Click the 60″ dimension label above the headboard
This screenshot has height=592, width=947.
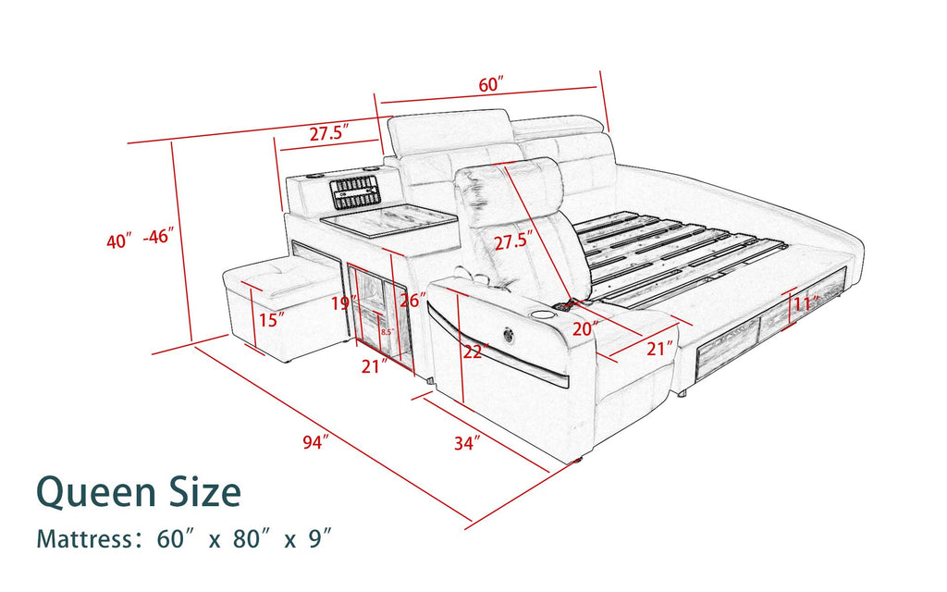click(x=490, y=85)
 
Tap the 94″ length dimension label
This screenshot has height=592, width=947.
click(x=315, y=443)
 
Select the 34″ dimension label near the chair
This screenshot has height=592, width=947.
click(x=468, y=443)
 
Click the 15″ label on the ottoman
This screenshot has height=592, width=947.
click(x=271, y=320)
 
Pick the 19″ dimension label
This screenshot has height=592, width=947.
click(x=345, y=302)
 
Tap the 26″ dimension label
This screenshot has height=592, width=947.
click(x=412, y=301)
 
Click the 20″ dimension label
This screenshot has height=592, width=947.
click(x=585, y=327)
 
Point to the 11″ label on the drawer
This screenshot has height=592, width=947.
click(x=806, y=303)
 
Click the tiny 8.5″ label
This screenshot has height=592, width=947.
click(x=387, y=331)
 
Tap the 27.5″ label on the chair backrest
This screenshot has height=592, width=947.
click(x=514, y=242)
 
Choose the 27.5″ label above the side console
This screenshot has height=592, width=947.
click(x=327, y=133)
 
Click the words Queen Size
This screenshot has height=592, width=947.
click(x=139, y=492)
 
